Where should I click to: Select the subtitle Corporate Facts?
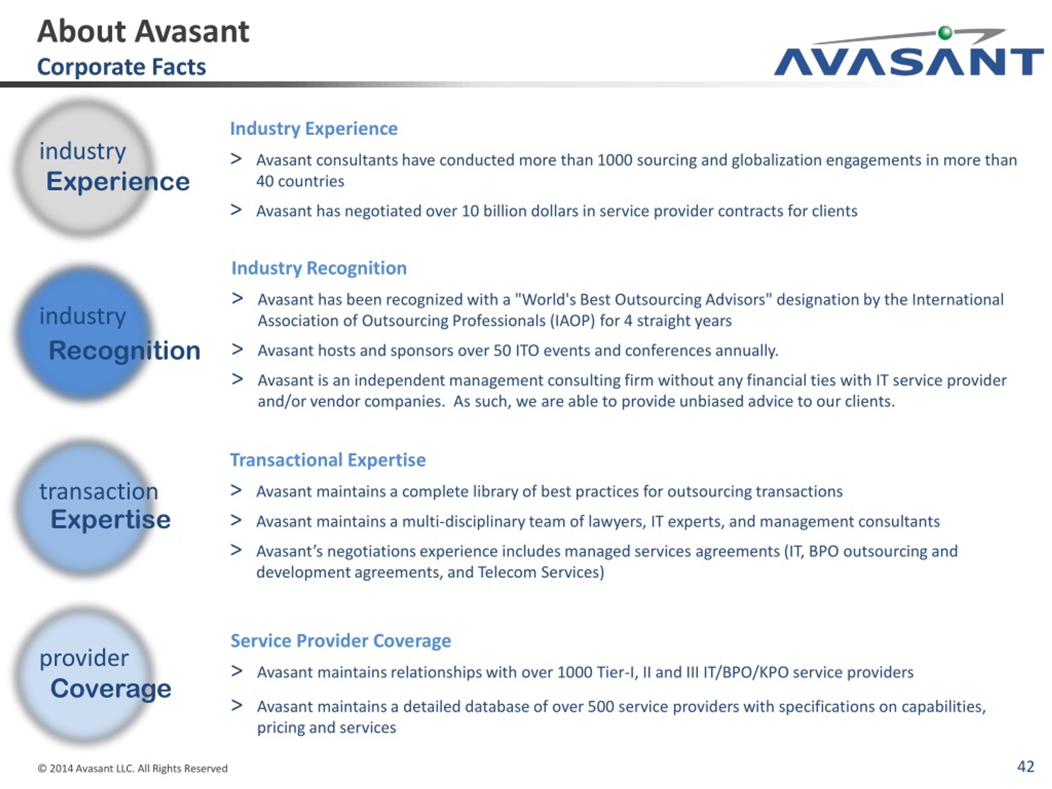click(x=121, y=67)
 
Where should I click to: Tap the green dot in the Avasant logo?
click(x=945, y=33)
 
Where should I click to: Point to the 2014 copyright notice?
click(x=133, y=768)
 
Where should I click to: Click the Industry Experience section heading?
click(x=314, y=128)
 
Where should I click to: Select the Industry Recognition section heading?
click(x=319, y=268)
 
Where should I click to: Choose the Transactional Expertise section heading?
click(x=328, y=460)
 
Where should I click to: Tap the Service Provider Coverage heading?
click(x=341, y=641)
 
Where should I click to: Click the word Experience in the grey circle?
click(x=118, y=181)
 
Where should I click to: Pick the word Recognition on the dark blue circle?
click(x=125, y=351)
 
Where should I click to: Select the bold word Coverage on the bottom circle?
click(x=111, y=689)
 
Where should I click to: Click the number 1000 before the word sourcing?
click(x=614, y=160)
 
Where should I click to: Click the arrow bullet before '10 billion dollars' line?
click(x=236, y=210)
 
